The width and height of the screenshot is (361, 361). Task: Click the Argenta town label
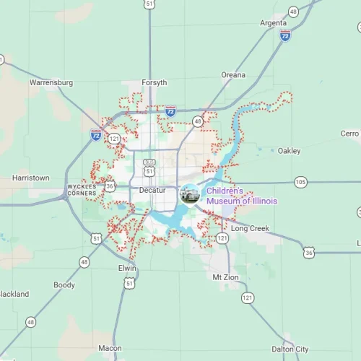click(x=273, y=23)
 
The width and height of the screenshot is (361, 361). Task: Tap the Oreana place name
click(x=233, y=74)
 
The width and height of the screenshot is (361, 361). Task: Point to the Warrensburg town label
click(x=51, y=83)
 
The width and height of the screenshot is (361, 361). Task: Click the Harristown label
click(x=31, y=178)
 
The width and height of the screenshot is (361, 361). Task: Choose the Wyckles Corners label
click(x=82, y=190)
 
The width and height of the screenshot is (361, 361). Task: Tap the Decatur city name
click(x=152, y=190)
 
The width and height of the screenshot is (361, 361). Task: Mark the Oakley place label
click(x=289, y=151)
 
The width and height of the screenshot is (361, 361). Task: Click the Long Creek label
click(x=250, y=228)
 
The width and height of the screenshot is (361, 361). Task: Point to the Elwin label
click(x=127, y=267)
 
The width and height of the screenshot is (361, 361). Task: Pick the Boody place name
click(x=64, y=285)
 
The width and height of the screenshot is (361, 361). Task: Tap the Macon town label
click(x=110, y=348)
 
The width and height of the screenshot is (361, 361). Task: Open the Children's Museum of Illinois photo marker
click(x=189, y=193)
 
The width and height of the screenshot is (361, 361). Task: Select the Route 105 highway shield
click(x=300, y=180)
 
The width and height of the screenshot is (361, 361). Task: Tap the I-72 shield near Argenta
click(x=285, y=35)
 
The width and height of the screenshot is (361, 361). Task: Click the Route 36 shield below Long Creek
click(x=309, y=251)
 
